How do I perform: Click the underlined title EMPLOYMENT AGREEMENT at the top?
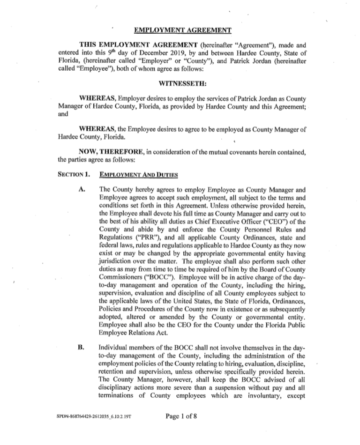(183, 31)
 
